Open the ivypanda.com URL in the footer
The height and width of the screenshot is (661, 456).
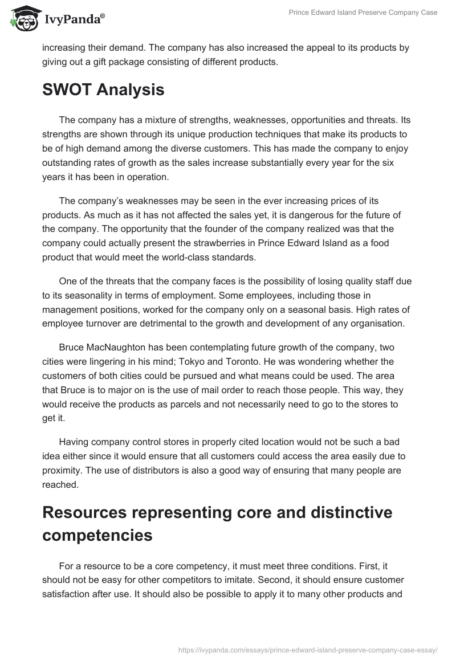pyautogui.click(x=308, y=649)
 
